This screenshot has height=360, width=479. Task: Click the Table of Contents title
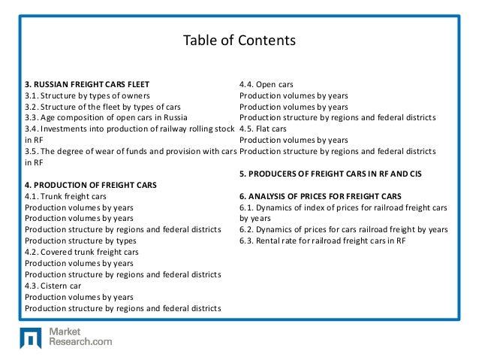[x=239, y=39]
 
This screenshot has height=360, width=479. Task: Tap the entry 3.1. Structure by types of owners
[x=87, y=96]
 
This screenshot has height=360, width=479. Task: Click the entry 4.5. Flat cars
[x=268, y=129]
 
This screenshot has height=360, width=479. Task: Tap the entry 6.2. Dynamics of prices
[x=343, y=228]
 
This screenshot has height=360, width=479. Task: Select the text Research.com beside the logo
[x=80, y=341]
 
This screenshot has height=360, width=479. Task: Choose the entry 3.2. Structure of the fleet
[x=102, y=107]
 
